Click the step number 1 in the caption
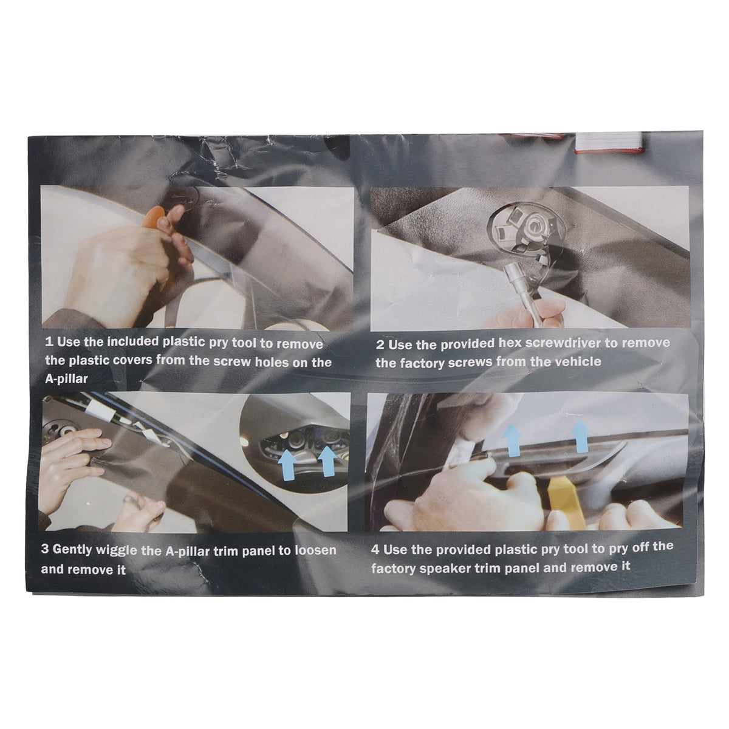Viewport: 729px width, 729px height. [49, 342]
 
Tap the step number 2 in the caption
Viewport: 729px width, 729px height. [380, 345]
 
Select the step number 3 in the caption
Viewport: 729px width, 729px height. [45, 549]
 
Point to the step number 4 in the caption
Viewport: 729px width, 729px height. [375, 550]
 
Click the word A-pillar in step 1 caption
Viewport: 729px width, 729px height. [67, 378]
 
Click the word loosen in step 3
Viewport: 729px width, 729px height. [315, 550]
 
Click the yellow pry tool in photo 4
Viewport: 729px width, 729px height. [562, 503]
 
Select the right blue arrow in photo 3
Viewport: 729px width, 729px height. [327, 462]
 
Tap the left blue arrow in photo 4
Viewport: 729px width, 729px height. [512, 440]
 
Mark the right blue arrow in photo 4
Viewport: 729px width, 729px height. [580, 436]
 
